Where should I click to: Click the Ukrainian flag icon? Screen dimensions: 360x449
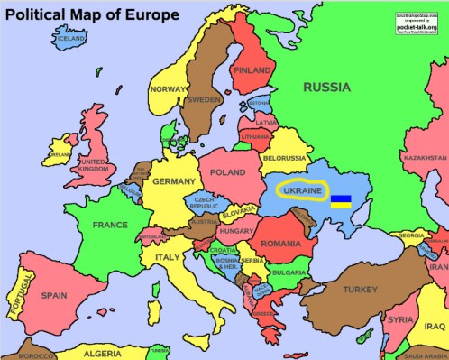point(341,200)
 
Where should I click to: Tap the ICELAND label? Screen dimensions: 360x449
point(72,39)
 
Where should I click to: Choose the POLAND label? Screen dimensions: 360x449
point(227,171)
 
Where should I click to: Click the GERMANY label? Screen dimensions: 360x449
point(173,181)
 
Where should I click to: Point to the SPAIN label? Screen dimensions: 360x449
point(54,294)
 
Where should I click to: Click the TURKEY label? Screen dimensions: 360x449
point(360,290)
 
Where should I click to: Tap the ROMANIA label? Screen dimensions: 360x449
point(280,244)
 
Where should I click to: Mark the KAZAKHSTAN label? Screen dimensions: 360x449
point(425,158)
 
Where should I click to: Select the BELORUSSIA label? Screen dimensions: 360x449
point(285,158)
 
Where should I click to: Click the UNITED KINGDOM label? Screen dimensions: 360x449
point(94,165)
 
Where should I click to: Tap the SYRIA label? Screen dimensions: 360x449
point(400,319)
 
